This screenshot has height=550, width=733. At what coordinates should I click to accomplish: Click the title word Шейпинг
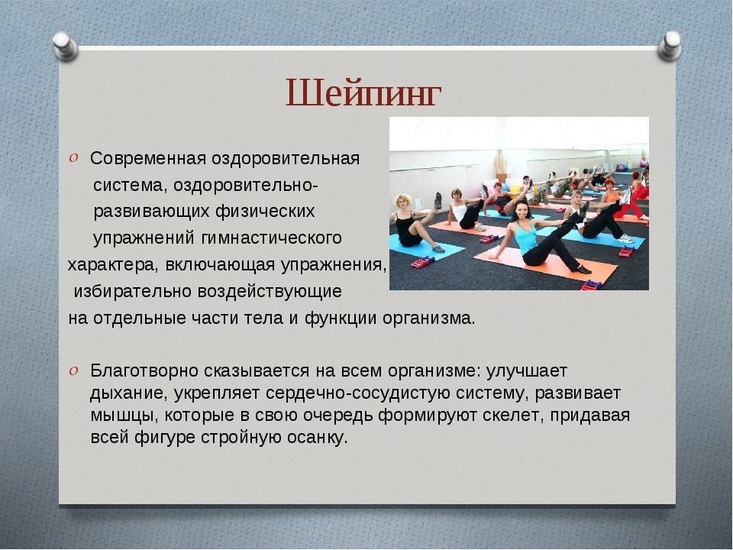(363, 93)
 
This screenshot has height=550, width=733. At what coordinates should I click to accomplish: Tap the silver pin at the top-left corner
(65, 47)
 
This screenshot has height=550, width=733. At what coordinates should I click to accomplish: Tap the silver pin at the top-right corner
(669, 45)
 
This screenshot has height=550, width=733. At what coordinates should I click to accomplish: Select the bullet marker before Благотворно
(73, 371)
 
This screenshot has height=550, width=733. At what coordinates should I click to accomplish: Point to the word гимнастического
(271, 238)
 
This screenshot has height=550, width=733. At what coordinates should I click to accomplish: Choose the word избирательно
(133, 291)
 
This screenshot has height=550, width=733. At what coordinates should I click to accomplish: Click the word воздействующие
(270, 292)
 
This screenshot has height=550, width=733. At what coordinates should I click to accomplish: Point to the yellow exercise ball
(515, 188)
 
